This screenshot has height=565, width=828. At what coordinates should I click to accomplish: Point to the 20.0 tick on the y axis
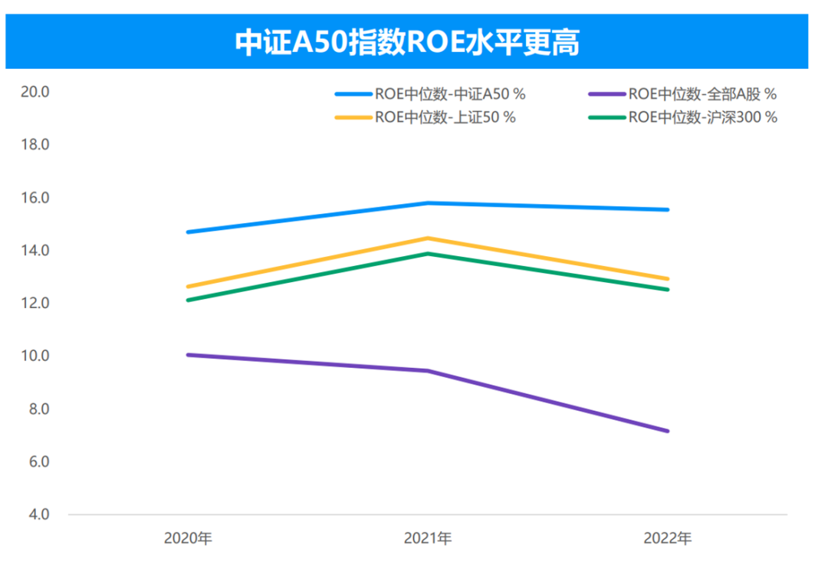pyautogui.click(x=35, y=92)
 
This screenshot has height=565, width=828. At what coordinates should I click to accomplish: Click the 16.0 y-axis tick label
pyautogui.click(x=35, y=198)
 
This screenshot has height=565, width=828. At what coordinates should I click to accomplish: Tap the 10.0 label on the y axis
pyautogui.click(x=35, y=356)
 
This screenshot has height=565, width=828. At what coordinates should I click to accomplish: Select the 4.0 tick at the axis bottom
pyautogui.click(x=38, y=514)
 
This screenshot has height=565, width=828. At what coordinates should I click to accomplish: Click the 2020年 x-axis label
pyautogui.click(x=188, y=538)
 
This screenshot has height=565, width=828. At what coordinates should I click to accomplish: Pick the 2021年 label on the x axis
pyautogui.click(x=428, y=538)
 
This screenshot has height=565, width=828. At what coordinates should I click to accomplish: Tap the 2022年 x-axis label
pyautogui.click(x=668, y=538)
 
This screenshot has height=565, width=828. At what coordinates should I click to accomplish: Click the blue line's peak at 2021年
pyautogui.click(x=428, y=203)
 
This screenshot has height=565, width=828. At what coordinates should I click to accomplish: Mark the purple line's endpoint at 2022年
pyautogui.click(x=668, y=431)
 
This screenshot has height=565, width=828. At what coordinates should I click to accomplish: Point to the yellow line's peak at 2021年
pyautogui.click(x=428, y=238)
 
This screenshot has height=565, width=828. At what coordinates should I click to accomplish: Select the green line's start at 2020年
pyautogui.click(x=188, y=300)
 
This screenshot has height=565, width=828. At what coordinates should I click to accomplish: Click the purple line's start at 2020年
pyautogui.click(x=188, y=355)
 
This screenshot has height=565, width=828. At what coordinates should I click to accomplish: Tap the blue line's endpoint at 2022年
pyautogui.click(x=668, y=209)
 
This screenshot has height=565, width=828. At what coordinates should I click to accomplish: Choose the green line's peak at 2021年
pyautogui.click(x=428, y=254)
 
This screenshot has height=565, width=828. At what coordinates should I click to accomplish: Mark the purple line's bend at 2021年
pyautogui.click(x=428, y=371)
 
